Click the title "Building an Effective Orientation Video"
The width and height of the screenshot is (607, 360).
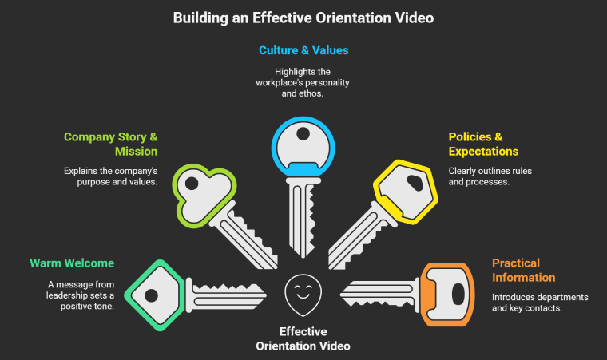coord(303,17)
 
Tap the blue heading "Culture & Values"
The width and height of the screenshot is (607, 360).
coord(303,50)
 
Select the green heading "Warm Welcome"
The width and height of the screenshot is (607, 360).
coord(72,263)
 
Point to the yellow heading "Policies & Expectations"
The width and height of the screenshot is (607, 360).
coord(483,144)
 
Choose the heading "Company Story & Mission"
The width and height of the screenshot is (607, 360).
coord(110,144)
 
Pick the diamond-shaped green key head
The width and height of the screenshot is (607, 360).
coord(154,295)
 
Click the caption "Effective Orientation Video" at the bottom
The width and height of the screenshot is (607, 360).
coord(303,338)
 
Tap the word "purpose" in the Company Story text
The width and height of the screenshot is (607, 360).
coord(85,183)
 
